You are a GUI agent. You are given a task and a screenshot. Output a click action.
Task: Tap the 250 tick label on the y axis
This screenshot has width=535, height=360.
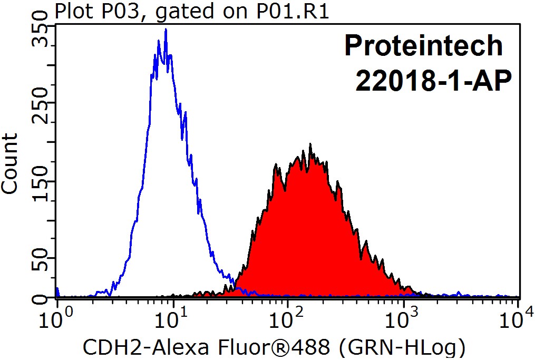41,111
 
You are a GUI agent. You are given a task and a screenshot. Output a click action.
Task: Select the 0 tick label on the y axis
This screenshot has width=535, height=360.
41,299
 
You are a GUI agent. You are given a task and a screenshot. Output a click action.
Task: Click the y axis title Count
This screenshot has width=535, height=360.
11,163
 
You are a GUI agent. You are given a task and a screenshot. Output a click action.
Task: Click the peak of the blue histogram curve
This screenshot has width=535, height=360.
166,30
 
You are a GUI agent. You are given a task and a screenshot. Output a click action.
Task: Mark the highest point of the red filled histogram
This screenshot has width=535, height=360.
310,144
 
